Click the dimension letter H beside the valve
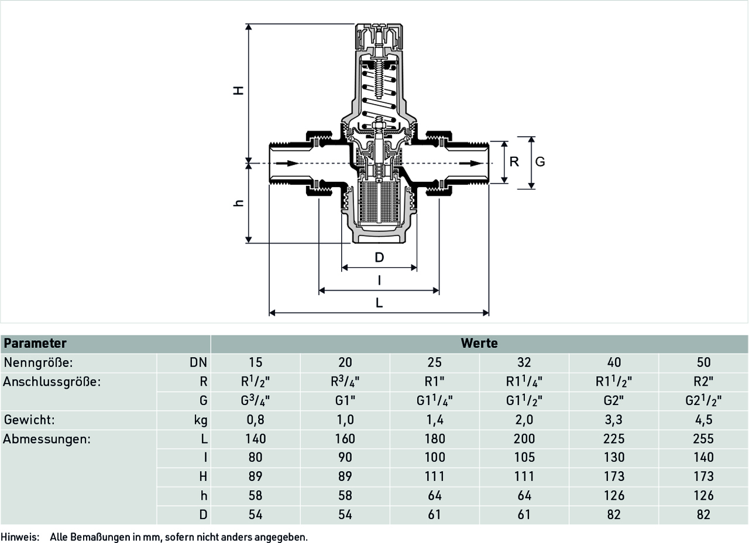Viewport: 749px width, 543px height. (238, 91)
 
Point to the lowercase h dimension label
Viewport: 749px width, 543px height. (238, 203)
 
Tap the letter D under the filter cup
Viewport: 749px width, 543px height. (379, 257)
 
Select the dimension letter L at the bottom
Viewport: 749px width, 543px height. (379, 303)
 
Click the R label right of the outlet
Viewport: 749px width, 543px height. (514, 162)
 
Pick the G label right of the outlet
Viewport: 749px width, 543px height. (540, 162)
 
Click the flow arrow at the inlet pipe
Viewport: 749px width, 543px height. (287, 163)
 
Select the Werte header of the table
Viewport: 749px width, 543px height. (479, 343)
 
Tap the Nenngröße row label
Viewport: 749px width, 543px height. (38, 362)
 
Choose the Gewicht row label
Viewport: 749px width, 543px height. (29, 420)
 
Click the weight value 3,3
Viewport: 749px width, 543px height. (614, 420)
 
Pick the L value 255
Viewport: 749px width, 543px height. (703, 439)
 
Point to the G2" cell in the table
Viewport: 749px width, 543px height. (614, 400)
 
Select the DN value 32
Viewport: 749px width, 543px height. (524, 362)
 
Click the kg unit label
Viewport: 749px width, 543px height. (201, 420)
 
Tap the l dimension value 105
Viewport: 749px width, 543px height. (524, 458)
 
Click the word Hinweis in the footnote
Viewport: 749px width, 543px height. (20, 537)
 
